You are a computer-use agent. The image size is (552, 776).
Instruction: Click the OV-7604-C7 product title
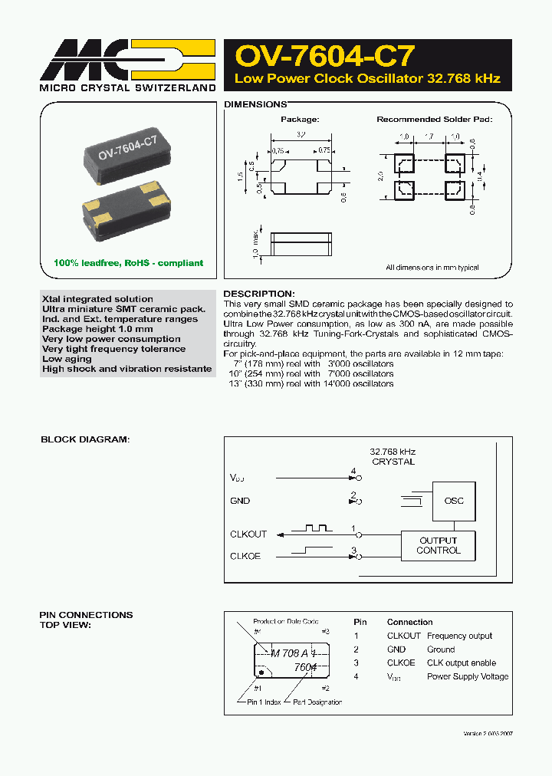tap(326, 56)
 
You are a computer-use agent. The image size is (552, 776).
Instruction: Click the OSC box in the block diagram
tap(454, 501)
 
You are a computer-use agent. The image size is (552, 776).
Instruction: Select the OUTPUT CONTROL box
tap(438, 545)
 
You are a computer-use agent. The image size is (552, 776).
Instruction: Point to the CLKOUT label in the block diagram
tap(248, 534)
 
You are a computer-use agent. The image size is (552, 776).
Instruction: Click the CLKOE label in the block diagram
tap(245, 556)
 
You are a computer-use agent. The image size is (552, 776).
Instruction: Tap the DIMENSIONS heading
tap(255, 104)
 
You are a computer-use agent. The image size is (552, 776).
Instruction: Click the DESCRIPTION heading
tap(258, 294)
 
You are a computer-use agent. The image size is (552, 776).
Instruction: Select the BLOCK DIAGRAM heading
tap(85, 439)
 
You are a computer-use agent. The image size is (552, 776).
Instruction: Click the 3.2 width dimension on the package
tap(301, 135)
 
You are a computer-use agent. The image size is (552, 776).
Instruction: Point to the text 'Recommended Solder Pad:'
tap(434, 120)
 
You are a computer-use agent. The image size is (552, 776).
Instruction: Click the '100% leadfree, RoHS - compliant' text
tap(128, 263)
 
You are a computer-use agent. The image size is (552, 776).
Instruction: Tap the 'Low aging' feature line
tap(67, 359)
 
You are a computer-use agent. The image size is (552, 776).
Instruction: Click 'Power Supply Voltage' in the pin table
tap(468, 676)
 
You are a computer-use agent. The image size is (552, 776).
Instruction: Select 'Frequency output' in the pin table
tap(459, 636)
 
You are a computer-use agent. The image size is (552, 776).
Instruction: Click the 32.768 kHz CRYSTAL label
tap(393, 457)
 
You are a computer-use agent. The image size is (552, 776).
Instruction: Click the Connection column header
tap(409, 622)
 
